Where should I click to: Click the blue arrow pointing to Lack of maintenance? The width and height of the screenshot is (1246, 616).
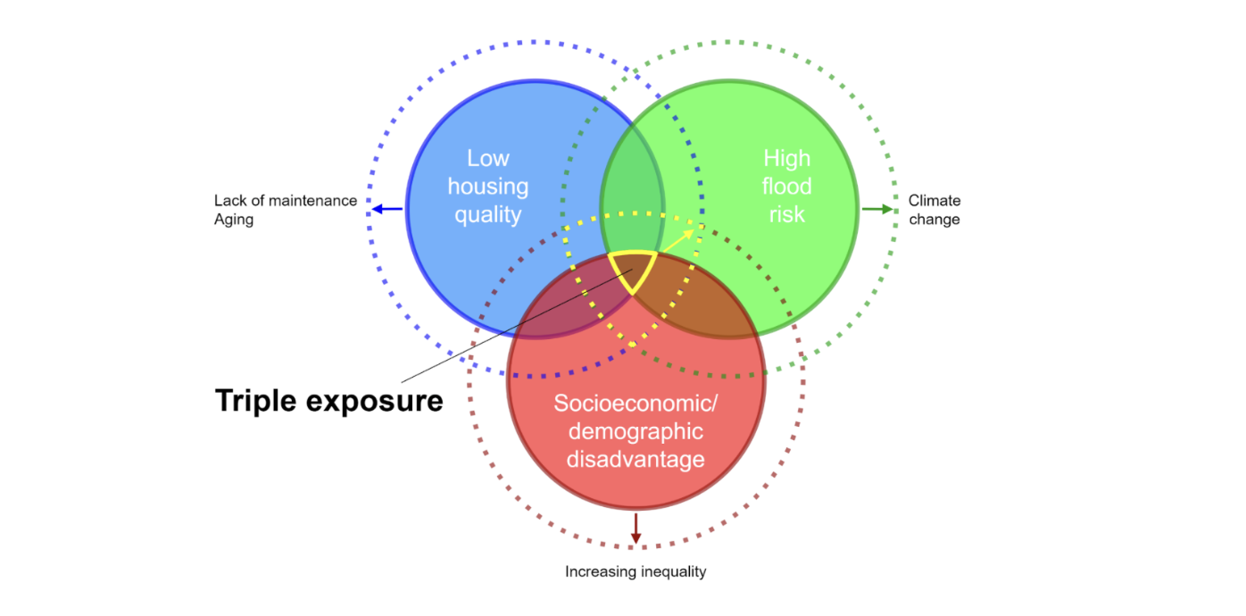coord(386,209)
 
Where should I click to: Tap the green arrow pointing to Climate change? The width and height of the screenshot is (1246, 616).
coord(877,209)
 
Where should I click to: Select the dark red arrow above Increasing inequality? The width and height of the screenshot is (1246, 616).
coord(635,529)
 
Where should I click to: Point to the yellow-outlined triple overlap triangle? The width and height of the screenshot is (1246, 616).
coord(634,267)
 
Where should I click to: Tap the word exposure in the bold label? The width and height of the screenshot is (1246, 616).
coord(375,401)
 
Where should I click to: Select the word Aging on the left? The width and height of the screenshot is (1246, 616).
coord(234,220)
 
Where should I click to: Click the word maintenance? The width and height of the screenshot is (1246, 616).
coord(312,201)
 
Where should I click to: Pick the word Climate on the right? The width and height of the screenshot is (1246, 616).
coord(934,201)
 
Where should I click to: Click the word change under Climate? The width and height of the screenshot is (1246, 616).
coord(934,220)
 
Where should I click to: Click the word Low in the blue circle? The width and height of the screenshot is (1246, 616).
coord(488,158)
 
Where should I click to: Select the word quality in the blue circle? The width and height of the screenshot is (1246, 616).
coord(488,214)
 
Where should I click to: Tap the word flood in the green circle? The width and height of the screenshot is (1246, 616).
coord(786,186)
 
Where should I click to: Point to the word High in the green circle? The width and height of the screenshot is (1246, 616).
coord(786,158)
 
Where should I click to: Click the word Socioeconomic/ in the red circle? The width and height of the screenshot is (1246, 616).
coord(635,403)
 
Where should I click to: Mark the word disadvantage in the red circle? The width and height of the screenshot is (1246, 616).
coord(635,459)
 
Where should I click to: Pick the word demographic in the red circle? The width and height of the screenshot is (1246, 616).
coord(635,431)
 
